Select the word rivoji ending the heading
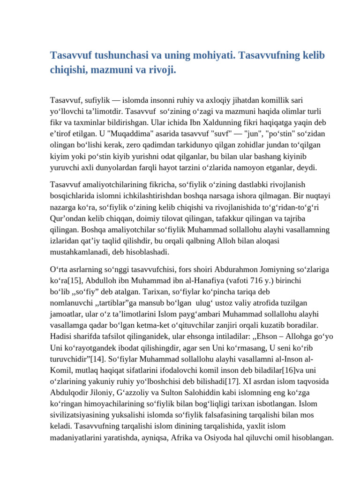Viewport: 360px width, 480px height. [x=164, y=70]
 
